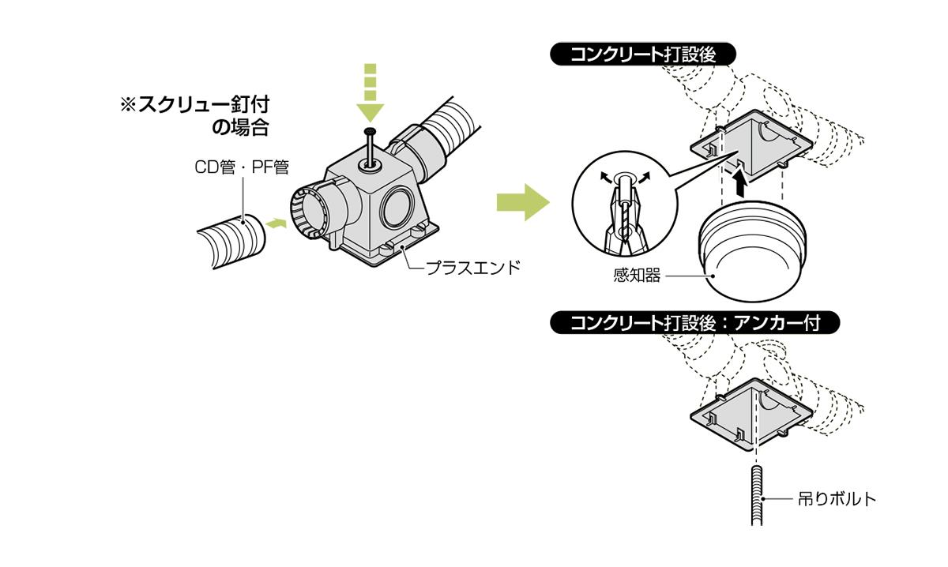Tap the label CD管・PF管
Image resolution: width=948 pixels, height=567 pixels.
241,167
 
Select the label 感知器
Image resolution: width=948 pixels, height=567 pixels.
636,276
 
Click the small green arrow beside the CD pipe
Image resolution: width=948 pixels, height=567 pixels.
274,223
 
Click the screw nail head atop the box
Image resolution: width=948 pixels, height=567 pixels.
369,130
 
